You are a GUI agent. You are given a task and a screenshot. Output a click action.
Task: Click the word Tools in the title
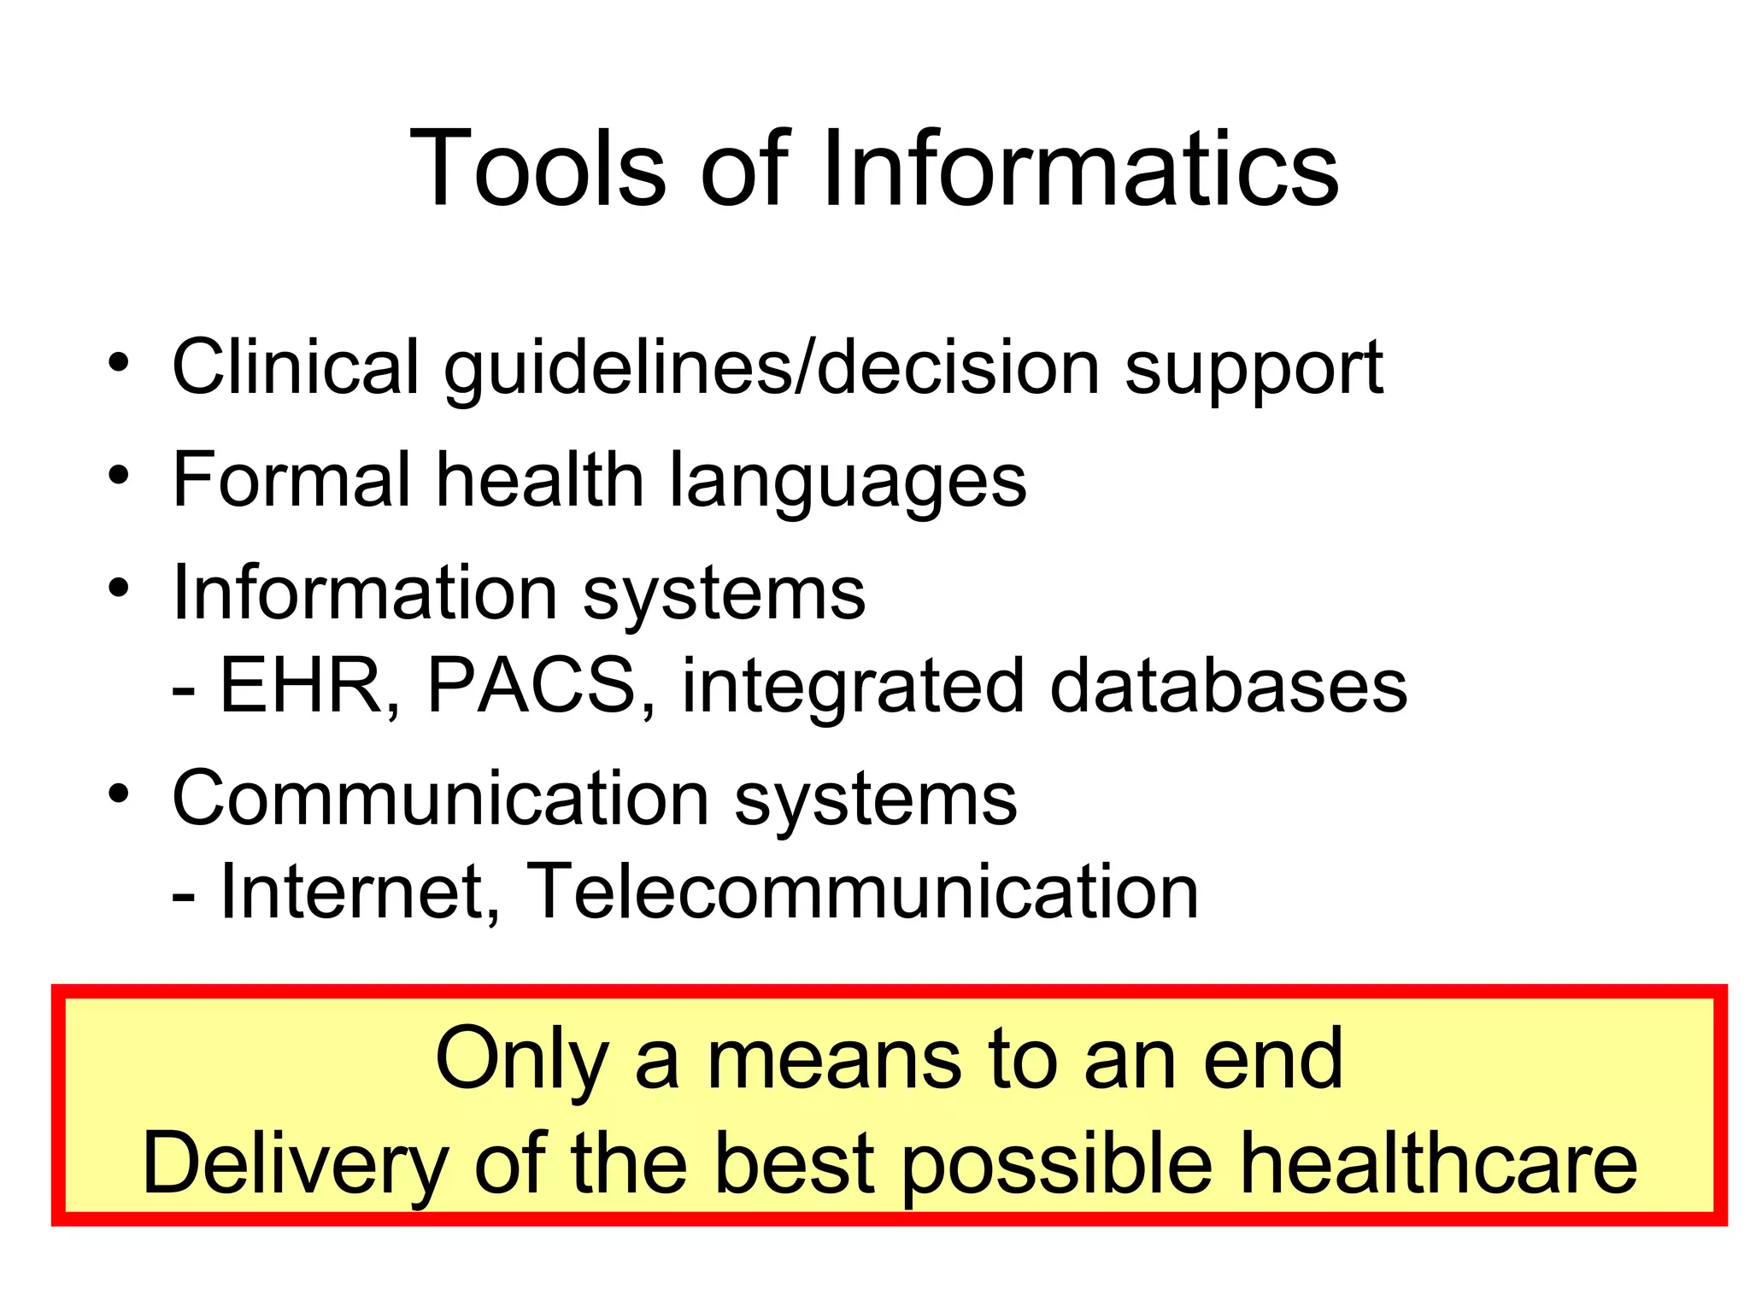point(537,168)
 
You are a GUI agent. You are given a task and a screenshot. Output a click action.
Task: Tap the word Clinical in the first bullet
point(296,367)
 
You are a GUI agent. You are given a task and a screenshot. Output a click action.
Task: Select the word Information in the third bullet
point(365,593)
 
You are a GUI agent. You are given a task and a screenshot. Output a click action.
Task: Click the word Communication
point(440,799)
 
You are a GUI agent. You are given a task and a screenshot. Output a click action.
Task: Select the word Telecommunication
point(862,892)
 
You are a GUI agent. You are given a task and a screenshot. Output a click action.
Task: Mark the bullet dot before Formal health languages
point(119,475)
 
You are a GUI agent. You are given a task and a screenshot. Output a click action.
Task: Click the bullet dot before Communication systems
point(119,794)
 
